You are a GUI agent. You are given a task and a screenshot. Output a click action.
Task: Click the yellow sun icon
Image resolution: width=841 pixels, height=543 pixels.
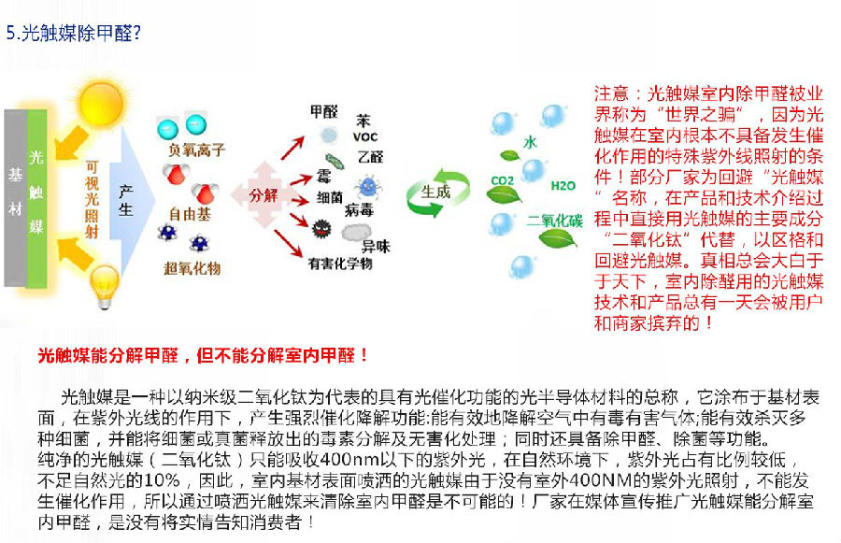point(101,103)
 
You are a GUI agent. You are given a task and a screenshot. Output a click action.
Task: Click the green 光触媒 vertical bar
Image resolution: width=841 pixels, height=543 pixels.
point(36,198)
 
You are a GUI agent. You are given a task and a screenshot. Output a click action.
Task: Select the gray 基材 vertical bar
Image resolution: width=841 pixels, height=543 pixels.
point(15,198)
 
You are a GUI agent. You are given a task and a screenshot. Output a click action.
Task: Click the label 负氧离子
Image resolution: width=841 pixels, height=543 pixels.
point(196,150)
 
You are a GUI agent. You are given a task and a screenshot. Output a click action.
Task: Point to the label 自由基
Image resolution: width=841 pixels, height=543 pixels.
point(190,215)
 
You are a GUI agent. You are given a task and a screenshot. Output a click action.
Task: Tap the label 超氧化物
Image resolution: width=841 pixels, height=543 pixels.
point(192,268)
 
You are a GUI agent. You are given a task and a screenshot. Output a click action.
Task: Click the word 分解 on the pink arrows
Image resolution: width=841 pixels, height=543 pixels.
point(264,195)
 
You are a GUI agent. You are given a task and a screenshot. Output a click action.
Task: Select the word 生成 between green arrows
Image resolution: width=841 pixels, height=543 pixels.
point(435,192)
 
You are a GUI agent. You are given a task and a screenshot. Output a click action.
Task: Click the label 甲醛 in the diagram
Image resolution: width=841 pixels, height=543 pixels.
point(324,111)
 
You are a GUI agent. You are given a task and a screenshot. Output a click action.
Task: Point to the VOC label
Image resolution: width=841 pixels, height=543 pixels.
point(365,136)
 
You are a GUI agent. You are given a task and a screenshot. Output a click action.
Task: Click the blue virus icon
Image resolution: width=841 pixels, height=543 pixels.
point(368,187)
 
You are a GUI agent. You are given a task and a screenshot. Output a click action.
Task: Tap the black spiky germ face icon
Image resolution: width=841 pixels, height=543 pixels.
point(322,229)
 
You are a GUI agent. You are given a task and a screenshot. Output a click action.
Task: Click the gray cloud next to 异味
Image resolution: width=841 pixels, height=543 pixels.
point(356,233)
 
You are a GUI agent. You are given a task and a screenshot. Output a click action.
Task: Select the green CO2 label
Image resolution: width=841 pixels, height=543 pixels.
point(503,180)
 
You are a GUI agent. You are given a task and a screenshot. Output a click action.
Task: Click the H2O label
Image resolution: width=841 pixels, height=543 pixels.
point(563,186)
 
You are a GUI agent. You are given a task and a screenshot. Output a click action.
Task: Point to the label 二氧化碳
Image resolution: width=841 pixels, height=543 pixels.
point(554,221)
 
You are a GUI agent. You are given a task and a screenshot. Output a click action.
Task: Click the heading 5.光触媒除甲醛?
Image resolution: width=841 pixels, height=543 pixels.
point(74,34)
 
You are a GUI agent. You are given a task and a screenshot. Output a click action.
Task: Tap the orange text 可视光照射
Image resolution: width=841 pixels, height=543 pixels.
point(93,199)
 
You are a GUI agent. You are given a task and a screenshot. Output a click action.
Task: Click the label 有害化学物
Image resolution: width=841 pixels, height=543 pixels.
point(340,264)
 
